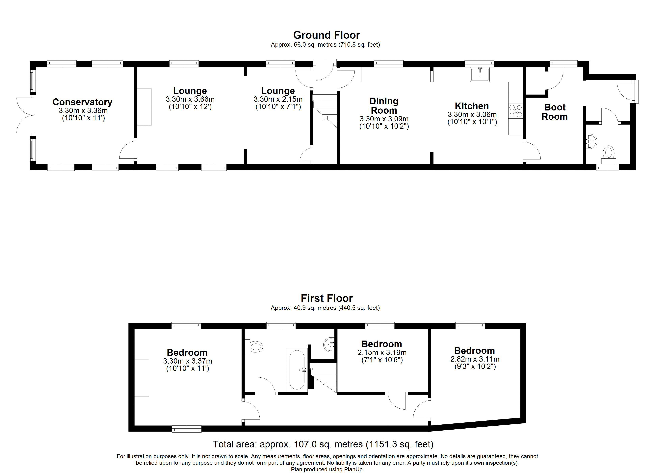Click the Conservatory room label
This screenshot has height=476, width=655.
pos(82,102)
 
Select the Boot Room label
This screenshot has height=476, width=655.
pos(555,112)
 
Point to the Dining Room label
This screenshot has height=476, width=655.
pos(384,106)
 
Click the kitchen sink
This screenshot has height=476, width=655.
pos(480,75)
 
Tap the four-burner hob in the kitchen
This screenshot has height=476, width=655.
pos(516,111)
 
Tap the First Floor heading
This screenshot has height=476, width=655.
pos(327,298)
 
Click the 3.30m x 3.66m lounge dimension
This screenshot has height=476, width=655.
pos(190,99)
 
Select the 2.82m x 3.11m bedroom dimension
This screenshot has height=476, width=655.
pos(475,359)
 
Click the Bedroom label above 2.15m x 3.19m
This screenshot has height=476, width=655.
pos(381,344)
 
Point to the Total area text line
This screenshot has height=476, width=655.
pos(323,444)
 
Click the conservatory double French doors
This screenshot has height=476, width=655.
pos(25,115)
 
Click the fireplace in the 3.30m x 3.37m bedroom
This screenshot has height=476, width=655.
pos(142,378)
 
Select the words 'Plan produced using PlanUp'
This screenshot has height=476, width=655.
pos(327,470)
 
